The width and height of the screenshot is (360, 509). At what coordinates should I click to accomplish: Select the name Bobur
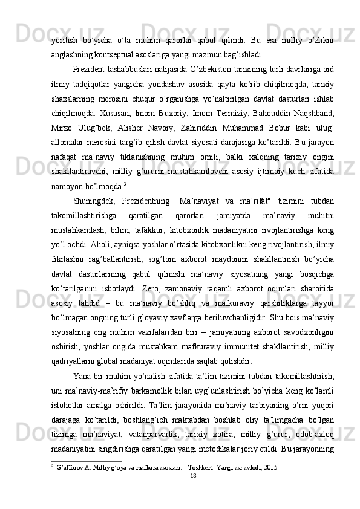pyautogui.click(x=289, y=129)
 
